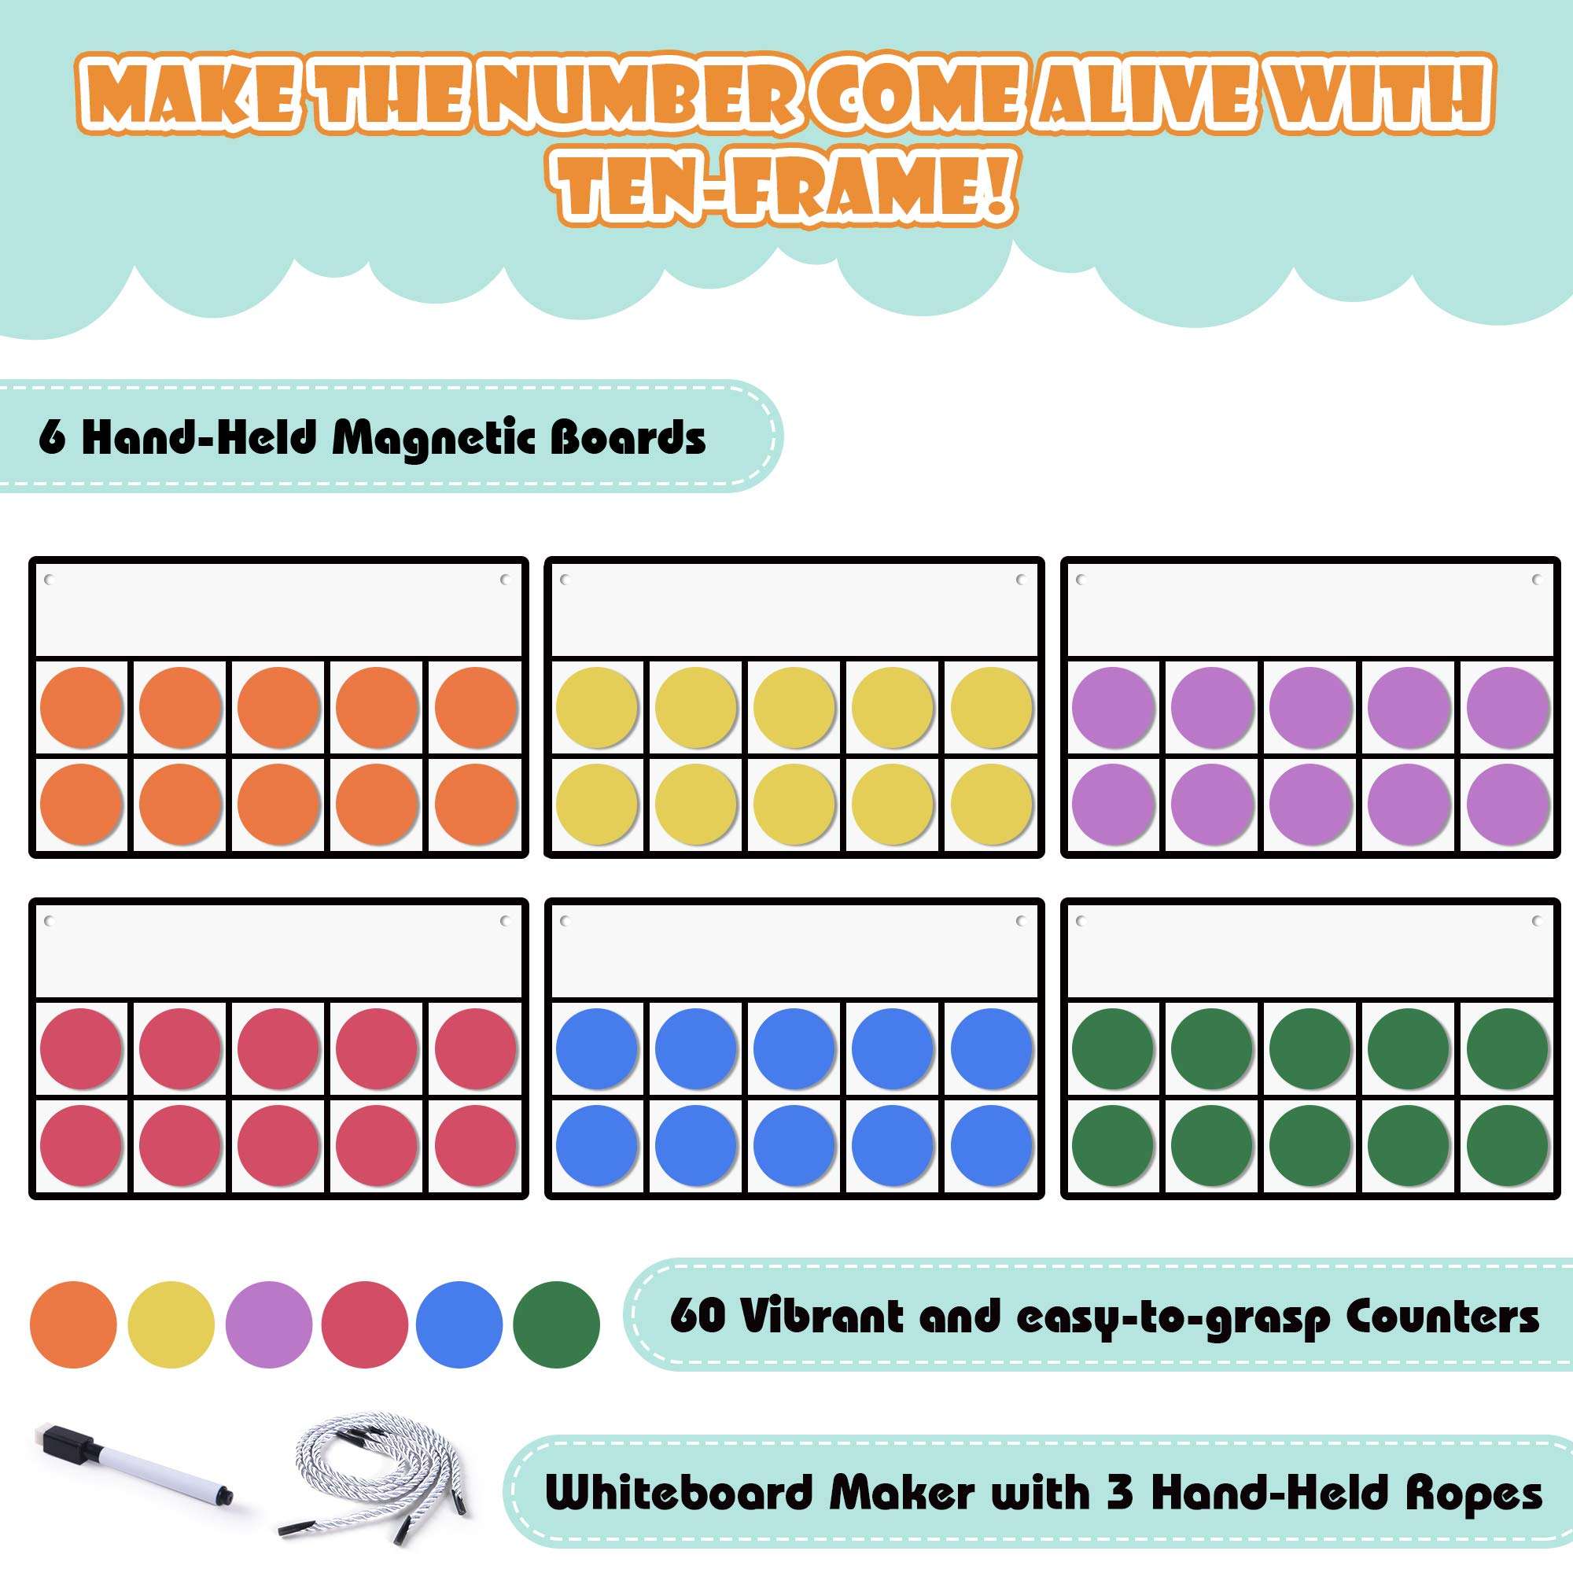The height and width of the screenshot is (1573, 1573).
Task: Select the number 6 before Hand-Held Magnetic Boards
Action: [x=51, y=438]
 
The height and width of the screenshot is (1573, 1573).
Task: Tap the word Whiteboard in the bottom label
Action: [x=679, y=1494]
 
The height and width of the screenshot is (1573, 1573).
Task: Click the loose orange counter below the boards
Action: [x=73, y=1324]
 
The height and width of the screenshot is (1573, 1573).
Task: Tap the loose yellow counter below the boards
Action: [x=171, y=1324]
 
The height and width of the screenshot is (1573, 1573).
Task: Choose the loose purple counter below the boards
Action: [x=269, y=1324]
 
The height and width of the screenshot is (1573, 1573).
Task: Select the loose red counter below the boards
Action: [x=364, y=1324]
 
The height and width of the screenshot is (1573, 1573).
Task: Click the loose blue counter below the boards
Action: [x=459, y=1324]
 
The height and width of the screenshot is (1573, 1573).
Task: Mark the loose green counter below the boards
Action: [x=557, y=1324]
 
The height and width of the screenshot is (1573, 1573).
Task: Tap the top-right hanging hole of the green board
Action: [x=1537, y=921]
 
